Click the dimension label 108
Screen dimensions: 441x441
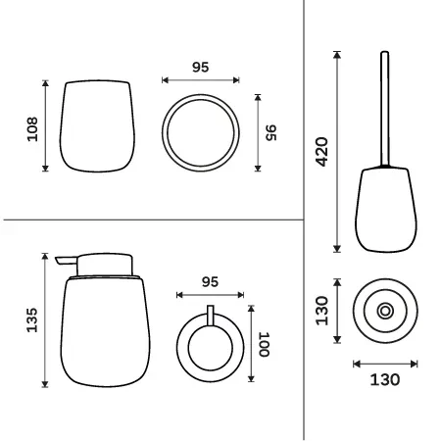32,129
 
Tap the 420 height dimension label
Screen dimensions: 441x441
322,152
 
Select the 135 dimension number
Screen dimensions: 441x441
32,320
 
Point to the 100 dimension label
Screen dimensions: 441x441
264,344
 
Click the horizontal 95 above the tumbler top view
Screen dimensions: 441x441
200,67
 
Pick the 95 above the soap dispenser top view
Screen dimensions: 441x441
210,282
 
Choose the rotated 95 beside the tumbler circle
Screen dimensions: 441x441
270,132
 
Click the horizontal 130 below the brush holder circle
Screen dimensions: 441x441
385,379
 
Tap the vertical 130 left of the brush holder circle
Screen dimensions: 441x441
321,311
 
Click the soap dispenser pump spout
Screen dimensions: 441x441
67,261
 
